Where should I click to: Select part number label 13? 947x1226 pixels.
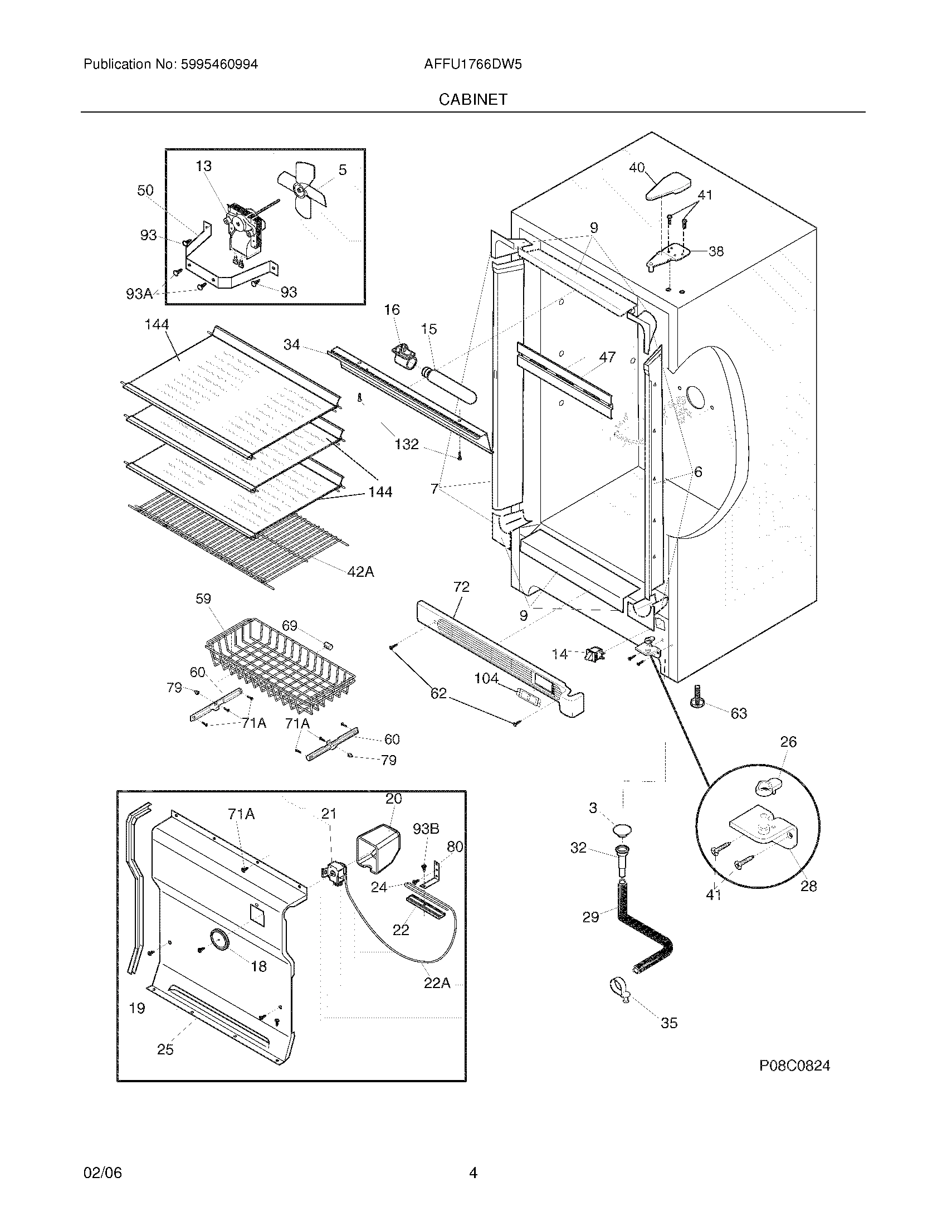pyautogui.click(x=204, y=166)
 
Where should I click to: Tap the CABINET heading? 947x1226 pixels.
pyautogui.click(x=472, y=99)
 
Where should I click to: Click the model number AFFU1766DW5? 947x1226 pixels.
pyautogui.click(x=472, y=65)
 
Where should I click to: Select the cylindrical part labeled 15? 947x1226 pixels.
pyautogui.click(x=452, y=384)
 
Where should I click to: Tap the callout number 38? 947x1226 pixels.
pyautogui.click(x=716, y=251)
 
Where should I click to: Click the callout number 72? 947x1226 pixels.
pyautogui.click(x=461, y=587)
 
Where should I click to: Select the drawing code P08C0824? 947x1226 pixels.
pyautogui.click(x=794, y=1066)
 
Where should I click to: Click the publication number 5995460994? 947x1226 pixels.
pyautogui.click(x=219, y=65)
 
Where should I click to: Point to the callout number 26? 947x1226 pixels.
pyautogui.click(x=788, y=742)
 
